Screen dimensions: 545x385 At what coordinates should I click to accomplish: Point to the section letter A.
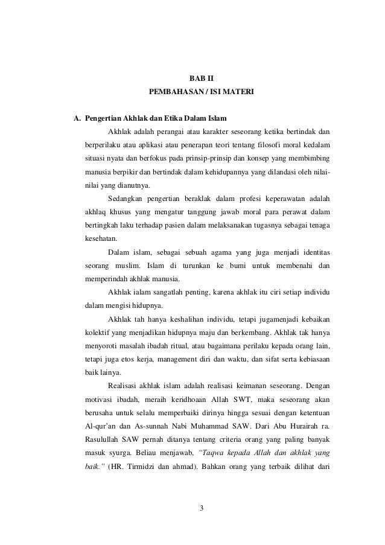click(x=77, y=118)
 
